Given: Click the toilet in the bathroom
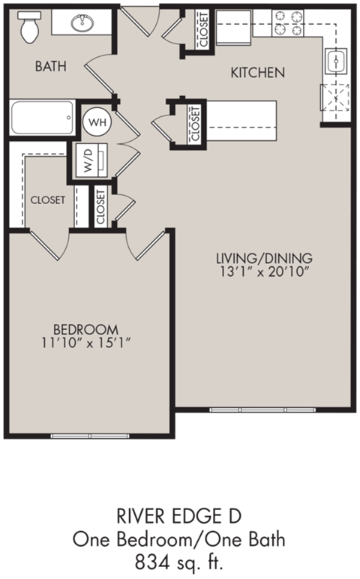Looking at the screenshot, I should tap(31, 28).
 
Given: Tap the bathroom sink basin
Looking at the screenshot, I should tap(82, 23).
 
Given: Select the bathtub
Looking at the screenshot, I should tap(42, 118).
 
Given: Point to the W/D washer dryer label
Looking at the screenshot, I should tap(88, 160).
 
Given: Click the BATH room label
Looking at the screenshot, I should tap(51, 67).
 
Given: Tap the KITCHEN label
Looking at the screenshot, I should tap(257, 73).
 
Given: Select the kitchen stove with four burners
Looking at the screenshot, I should tap(287, 23).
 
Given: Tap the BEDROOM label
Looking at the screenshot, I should tap(85, 329).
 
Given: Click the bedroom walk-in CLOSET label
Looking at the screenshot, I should tap(47, 200).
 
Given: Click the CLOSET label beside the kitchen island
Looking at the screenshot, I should tap(195, 123).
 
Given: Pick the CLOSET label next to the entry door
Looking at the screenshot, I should tap(202, 29).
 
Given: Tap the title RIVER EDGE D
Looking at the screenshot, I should tap(179, 516).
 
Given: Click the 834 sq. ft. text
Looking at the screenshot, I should tap(179, 559).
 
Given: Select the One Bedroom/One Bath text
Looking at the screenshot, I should tap(179, 538).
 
